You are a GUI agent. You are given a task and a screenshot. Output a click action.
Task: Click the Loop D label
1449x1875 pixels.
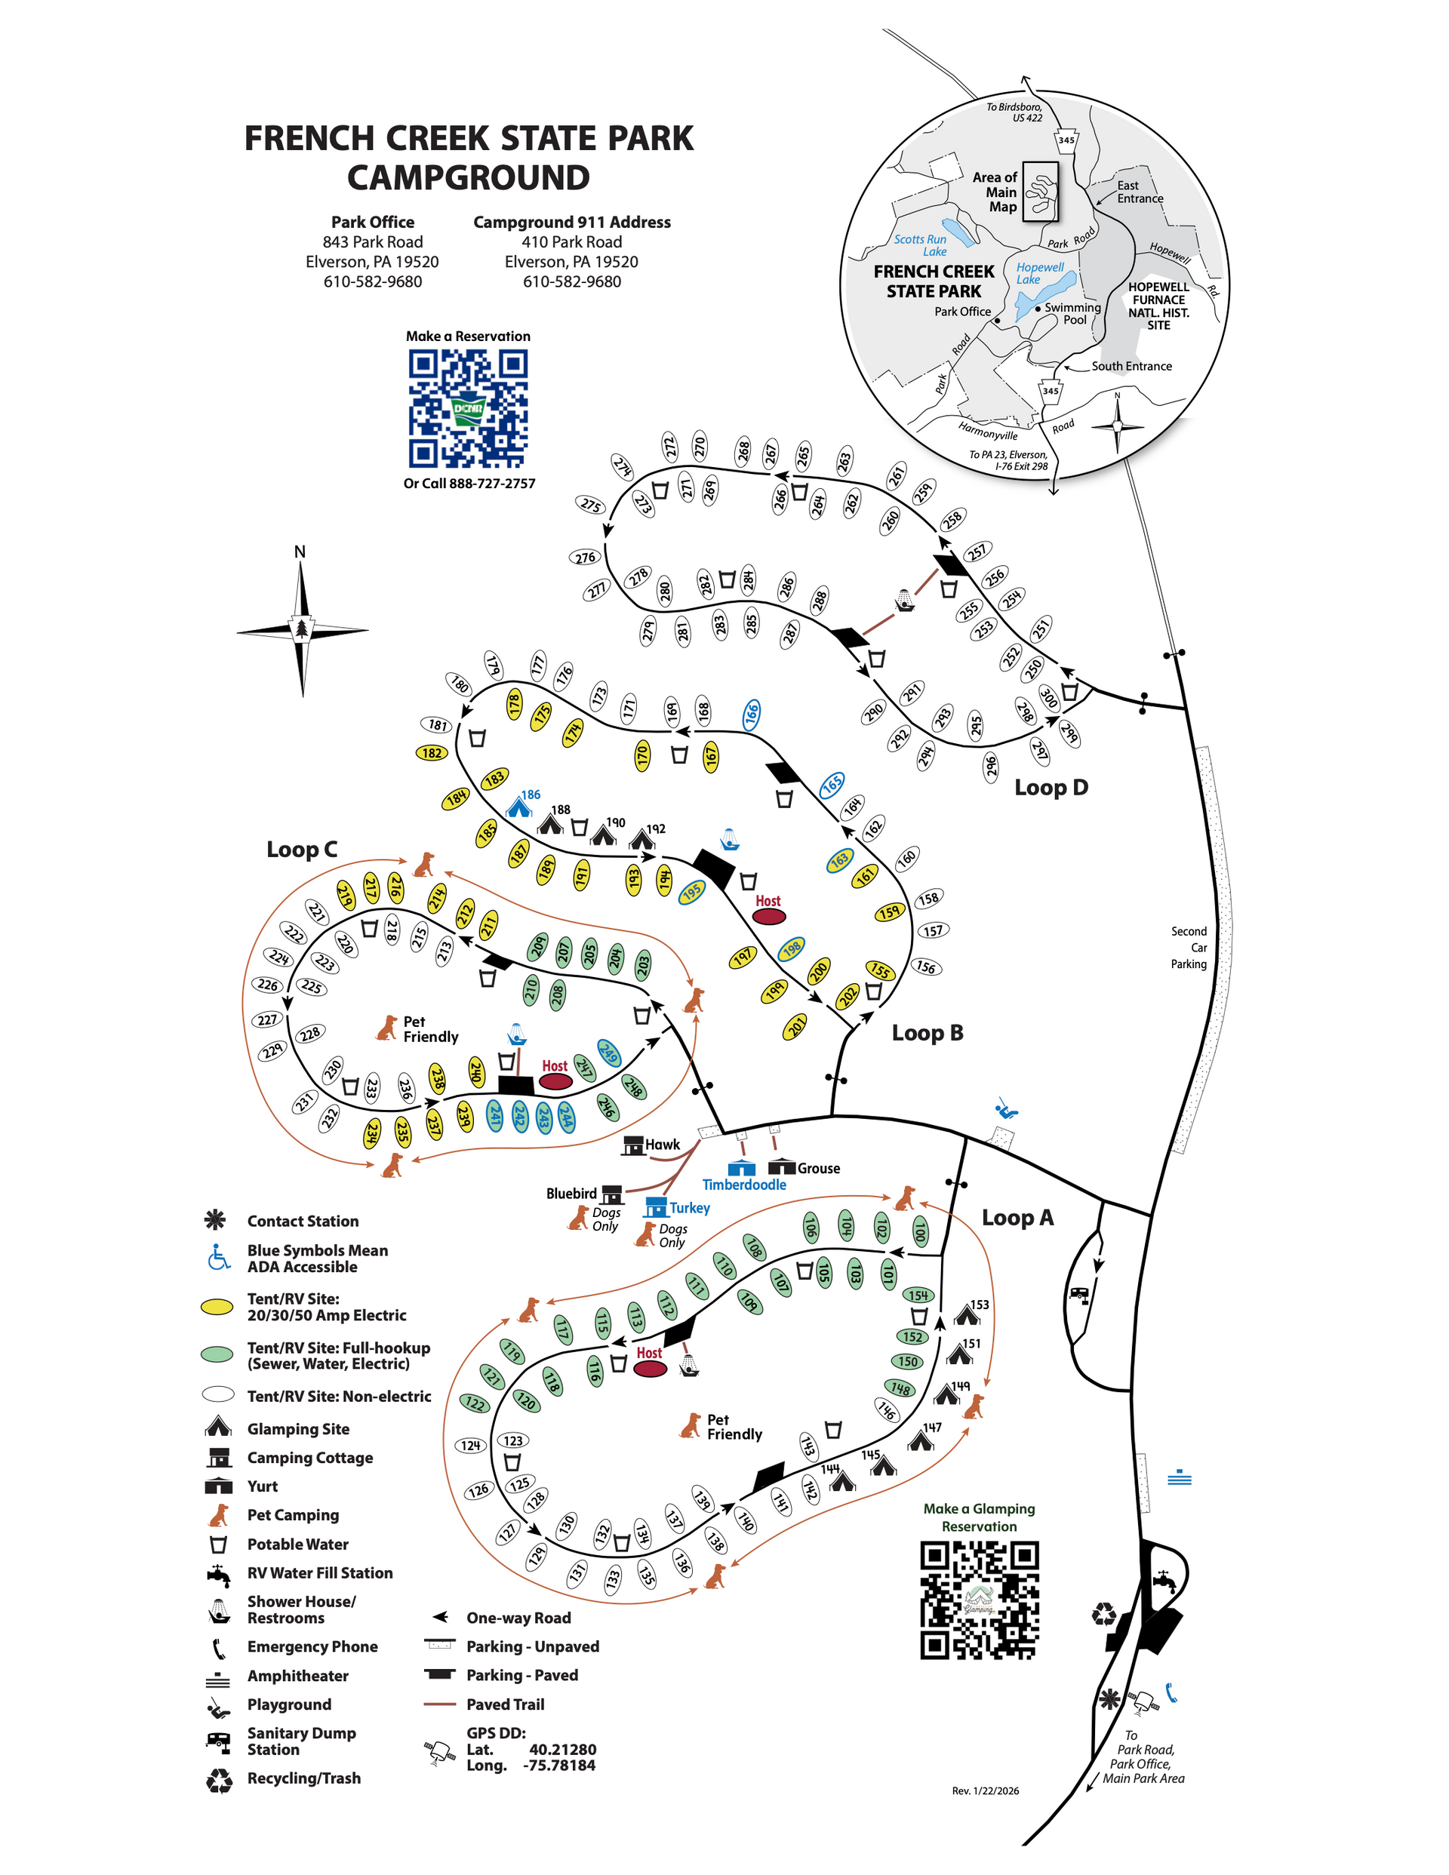tap(1051, 787)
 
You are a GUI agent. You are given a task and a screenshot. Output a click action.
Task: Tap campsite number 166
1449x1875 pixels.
tap(752, 715)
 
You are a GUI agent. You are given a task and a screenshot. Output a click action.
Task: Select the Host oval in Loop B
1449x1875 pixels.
tap(769, 916)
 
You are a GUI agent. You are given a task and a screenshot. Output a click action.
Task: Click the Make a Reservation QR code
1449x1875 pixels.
tap(468, 409)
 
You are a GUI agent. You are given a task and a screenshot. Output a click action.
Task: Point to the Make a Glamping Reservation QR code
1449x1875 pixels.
tap(979, 1600)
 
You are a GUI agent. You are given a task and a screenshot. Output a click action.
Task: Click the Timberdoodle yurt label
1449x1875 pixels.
tap(744, 1185)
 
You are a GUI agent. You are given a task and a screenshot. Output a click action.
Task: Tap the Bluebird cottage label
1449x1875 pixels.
tap(571, 1194)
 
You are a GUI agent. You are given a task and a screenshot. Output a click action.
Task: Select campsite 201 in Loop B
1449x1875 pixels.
tap(795, 1026)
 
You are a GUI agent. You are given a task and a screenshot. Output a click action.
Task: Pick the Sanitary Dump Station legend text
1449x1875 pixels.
tap(301, 1741)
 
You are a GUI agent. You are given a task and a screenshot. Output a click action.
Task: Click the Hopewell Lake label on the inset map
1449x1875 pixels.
tap(1039, 273)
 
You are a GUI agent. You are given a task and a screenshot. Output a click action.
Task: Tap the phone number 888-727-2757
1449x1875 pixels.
tap(491, 484)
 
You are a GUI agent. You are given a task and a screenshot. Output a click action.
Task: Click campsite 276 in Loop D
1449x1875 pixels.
tap(586, 557)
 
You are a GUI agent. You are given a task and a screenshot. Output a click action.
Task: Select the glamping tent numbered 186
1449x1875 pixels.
tap(518, 807)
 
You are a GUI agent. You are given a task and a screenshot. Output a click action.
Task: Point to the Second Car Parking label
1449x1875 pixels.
tap(1189, 948)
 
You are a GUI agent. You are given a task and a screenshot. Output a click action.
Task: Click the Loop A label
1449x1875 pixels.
tap(1018, 1217)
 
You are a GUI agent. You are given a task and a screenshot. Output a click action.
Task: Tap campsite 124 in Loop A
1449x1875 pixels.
tap(471, 1446)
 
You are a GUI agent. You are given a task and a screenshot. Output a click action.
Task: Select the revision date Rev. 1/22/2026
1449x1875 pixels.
tap(985, 1790)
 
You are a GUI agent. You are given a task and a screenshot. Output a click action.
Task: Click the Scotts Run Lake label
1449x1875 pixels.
tap(921, 245)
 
